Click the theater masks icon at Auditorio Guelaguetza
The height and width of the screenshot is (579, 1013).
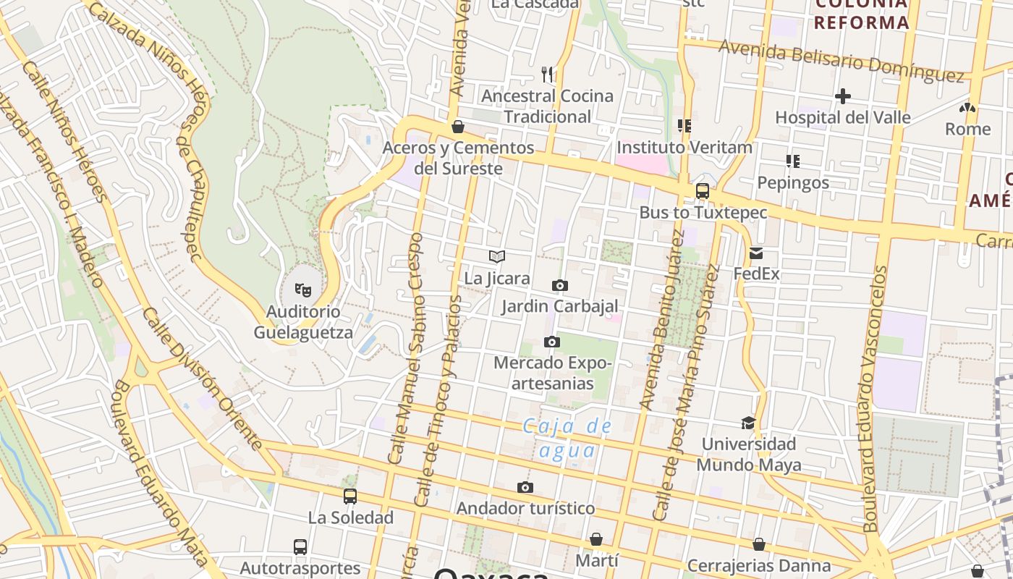pyautogui.click(x=303, y=290)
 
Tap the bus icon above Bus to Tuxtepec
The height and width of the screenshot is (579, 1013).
pyautogui.click(x=702, y=191)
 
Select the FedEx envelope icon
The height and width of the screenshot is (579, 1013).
pyautogui.click(x=756, y=253)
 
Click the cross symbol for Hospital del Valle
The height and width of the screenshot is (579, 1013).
pyautogui.click(x=842, y=96)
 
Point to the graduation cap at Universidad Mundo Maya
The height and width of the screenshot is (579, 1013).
pyautogui.click(x=748, y=423)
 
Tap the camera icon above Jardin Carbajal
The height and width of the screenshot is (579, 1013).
pyautogui.click(x=559, y=285)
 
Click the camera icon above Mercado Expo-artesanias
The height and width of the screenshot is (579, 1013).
pyautogui.click(x=552, y=342)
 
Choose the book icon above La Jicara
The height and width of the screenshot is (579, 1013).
pyautogui.click(x=496, y=256)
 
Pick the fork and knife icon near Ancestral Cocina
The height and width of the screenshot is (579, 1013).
pyautogui.click(x=547, y=74)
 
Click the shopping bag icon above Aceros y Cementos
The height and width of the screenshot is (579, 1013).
pyautogui.click(x=457, y=127)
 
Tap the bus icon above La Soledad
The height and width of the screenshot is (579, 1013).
pyautogui.click(x=350, y=496)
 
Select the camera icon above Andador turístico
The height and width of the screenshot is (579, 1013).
pyautogui.click(x=525, y=487)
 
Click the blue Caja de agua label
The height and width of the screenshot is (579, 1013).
pyautogui.click(x=568, y=438)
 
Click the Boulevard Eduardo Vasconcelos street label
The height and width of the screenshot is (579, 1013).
pyautogui.click(x=875, y=398)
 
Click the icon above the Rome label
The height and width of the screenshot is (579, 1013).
pyautogui.click(x=967, y=108)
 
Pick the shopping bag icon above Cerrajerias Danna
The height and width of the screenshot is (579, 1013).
pyautogui.click(x=759, y=544)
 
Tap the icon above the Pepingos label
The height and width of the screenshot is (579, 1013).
pyautogui.click(x=793, y=161)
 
